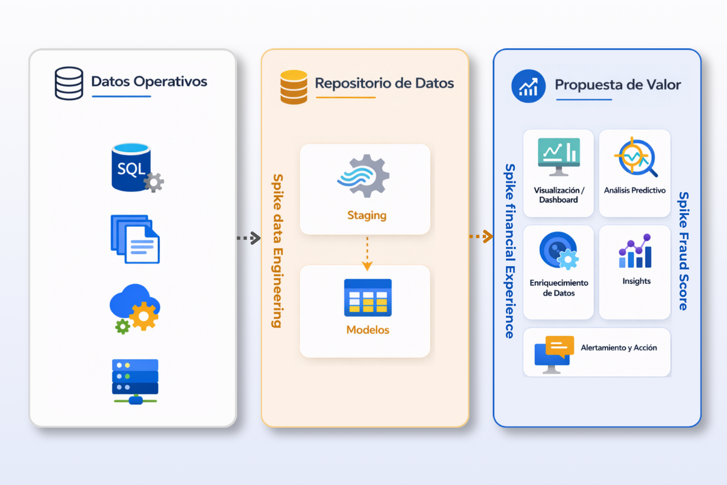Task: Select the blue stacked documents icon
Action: (135, 238)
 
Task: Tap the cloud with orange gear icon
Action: (134, 309)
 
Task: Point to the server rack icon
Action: (135, 381)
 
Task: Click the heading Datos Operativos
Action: (149, 81)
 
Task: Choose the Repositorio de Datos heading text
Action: (384, 83)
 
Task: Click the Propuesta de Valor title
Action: (618, 85)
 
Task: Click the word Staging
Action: (367, 215)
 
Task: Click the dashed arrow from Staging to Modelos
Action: (366, 253)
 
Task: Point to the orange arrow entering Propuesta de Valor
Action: (481, 236)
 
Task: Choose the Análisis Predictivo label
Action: (634, 190)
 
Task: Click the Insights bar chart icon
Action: (635, 252)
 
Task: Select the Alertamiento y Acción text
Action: (619, 348)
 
